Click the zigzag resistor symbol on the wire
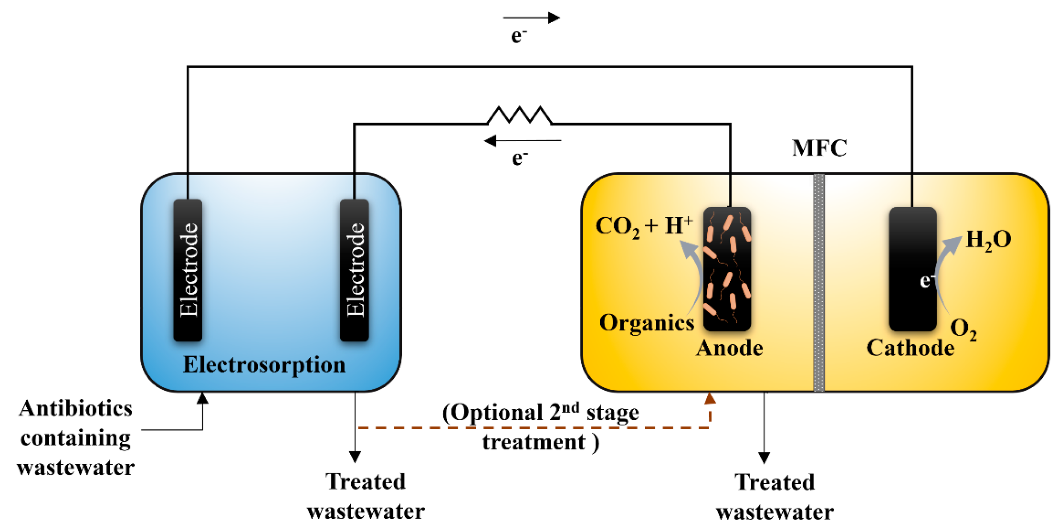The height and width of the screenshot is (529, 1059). [x=519, y=116]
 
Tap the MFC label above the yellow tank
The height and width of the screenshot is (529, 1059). [x=819, y=148]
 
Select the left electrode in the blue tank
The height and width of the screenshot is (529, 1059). [x=188, y=270]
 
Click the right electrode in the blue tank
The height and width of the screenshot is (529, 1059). [x=354, y=270]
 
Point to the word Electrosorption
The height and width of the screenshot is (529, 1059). [x=264, y=365]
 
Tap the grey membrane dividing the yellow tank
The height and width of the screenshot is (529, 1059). [x=818, y=282]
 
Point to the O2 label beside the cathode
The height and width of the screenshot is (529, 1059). [x=963, y=330]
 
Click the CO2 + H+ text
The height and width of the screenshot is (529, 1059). [x=643, y=226]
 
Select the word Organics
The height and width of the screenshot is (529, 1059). [x=646, y=323]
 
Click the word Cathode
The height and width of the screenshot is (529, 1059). [x=910, y=348]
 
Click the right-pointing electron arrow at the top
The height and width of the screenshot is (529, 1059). [x=531, y=18]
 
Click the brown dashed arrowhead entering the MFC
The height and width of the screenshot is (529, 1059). [x=710, y=399]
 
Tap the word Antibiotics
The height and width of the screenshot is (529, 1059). [x=76, y=409]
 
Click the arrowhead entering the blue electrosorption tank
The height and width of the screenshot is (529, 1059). [x=202, y=398]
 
